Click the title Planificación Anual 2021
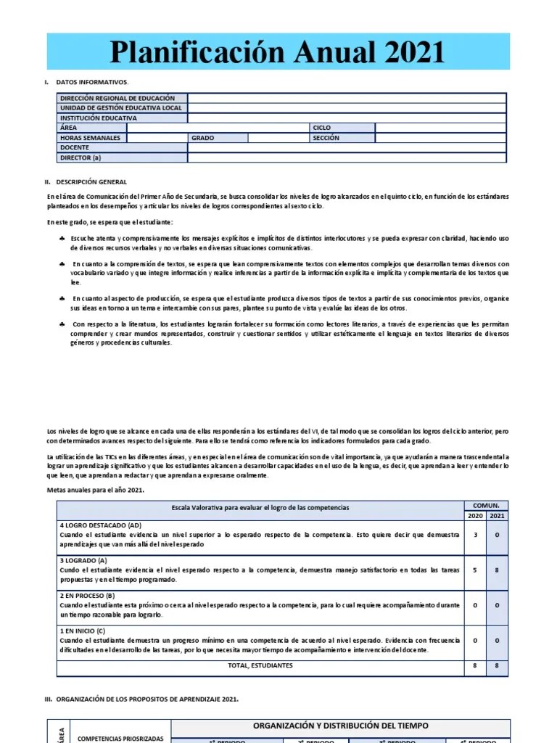click(276, 53)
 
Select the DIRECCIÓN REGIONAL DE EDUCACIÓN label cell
click(117, 98)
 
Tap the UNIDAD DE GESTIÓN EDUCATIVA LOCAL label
click(121, 108)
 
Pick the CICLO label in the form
click(321, 128)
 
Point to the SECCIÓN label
click(326, 137)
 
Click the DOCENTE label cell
click(75, 147)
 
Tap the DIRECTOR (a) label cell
click(81, 157)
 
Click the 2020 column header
click(475, 515)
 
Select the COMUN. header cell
click(486, 505)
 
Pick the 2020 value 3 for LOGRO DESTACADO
click(475, 534)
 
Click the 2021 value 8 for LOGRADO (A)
click(497, 570)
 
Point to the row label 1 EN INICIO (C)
click(82, 631)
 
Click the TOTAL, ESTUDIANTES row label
click(260, 665)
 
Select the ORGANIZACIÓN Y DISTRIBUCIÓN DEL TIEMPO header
click(340, 726)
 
